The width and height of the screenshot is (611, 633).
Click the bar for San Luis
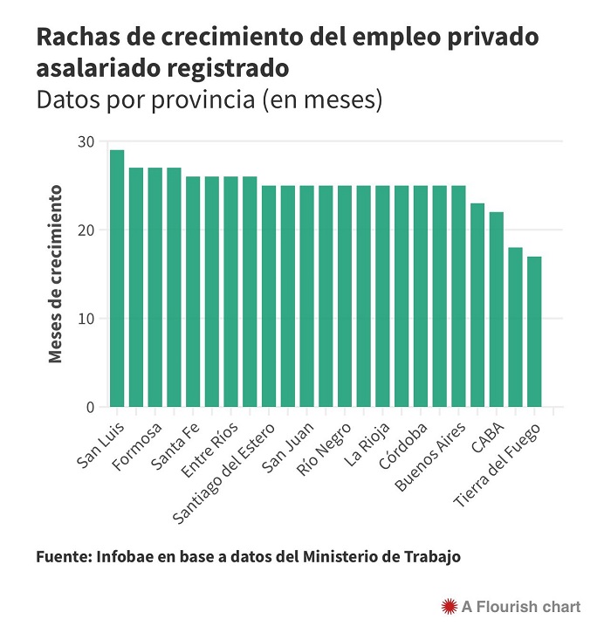tap(117, 279)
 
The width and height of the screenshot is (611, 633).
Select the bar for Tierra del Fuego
tap(534, 332)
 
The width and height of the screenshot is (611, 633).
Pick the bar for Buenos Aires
tap(458, 296)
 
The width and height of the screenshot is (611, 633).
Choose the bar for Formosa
tap(155, 287)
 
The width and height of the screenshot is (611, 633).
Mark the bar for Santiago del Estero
tap(269, 296)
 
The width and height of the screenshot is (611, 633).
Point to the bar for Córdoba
tap(421, 296)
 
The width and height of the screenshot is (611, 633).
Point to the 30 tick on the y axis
tap(86, 141)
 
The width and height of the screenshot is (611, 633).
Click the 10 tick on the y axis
tap(86, 319)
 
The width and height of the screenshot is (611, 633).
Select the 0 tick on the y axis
tap(90, 408)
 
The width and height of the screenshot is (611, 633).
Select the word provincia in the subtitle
tap(196, 99)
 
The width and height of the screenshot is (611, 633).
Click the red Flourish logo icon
tap(450, 604)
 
